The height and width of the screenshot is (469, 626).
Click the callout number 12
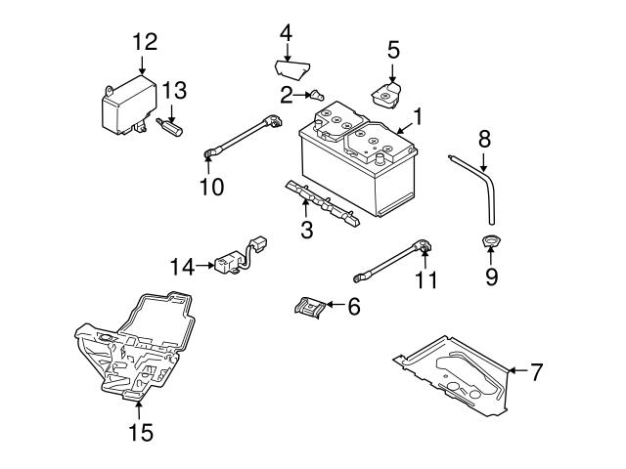pyautogui.click(x=144, y=41)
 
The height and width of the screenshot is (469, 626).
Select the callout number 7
pyautogui.click(x=536, y=371)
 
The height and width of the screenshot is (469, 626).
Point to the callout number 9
pyautogui.click(x=491, y=277)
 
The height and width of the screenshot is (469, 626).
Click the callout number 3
pyautogui.click(x=306, y=231)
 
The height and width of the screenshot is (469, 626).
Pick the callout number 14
pyautogui.click(x=182, y=264)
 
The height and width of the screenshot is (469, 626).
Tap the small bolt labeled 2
pyautogui.click(x=317, y=95)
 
